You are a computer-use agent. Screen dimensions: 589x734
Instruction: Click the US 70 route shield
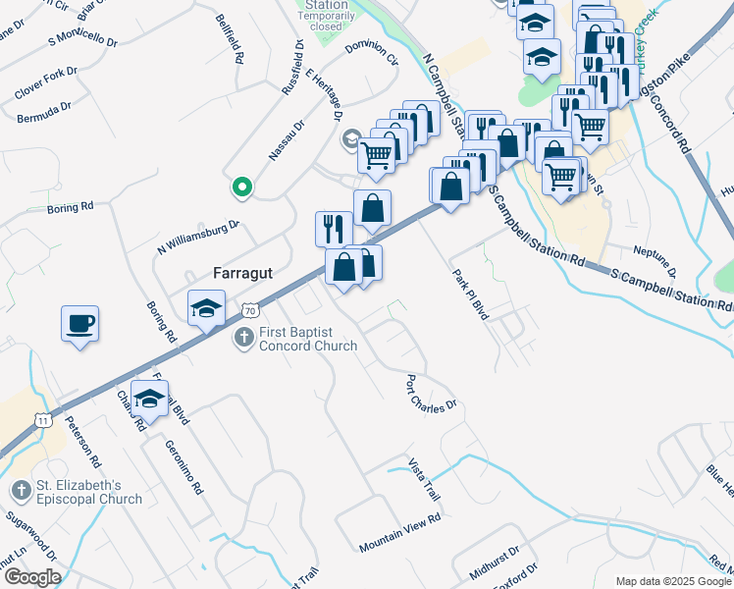[250, 310]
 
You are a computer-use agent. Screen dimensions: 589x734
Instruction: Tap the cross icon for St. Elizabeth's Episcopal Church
[19, 489]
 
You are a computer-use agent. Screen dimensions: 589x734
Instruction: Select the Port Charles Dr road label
[433, 391]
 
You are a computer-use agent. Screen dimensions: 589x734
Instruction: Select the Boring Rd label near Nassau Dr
[70, 208]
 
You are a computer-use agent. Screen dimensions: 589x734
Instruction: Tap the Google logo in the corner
[31, 577]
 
